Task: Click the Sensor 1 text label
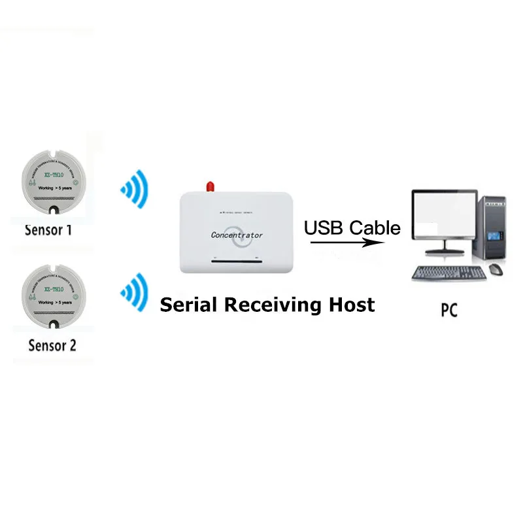(50, 230)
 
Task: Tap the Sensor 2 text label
(52, 345)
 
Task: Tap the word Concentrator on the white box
(237, 234)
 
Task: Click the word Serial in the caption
(190, 305)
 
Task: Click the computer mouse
(496, 269)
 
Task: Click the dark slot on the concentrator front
(236, 261)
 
